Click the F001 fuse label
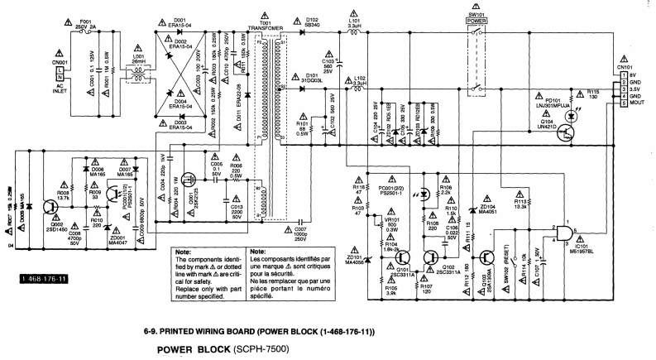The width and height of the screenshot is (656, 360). click(x=84, y=24)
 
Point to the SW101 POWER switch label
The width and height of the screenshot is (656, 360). click(x=476, y=19)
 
